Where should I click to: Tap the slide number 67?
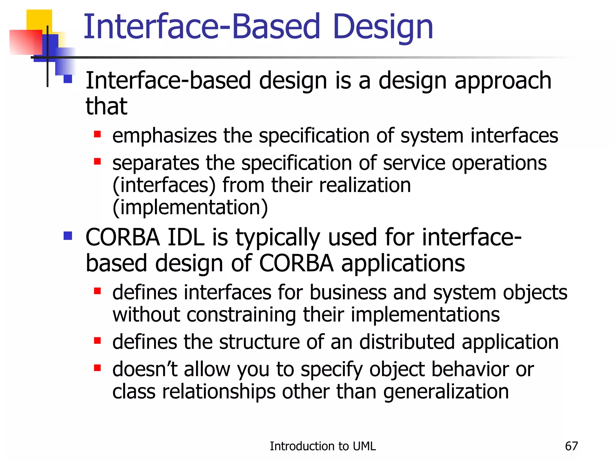click(x=571, y=446)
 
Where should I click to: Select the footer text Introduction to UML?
click(x=323, y=446)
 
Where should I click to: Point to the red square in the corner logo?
click(x=26, y=42)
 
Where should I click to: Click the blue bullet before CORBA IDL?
click(x=68, y=236)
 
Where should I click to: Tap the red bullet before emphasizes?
click(x=97, y=134)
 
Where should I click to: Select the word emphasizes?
click(x=164, y=136)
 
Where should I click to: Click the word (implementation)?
click(x=190, y=207)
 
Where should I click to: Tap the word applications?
click(x=403, y=263)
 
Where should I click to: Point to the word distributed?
click(x=407, y=342)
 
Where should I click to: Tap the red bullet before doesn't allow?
click(x=97, y=368)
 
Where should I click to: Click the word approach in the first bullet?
click(x=503, y=81)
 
